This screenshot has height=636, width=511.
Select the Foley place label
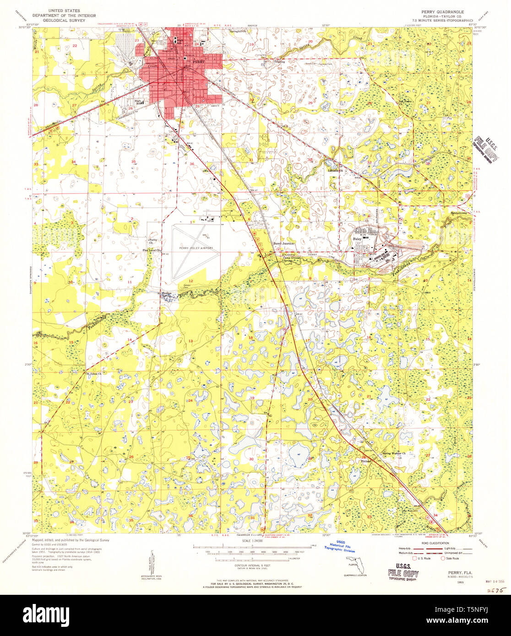357,239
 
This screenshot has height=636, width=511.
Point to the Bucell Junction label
284,243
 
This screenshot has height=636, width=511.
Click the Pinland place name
365,461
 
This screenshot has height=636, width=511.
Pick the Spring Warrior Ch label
397,454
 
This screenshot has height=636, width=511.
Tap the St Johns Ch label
93,374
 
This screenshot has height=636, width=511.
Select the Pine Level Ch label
152,250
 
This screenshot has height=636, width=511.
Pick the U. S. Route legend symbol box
415,558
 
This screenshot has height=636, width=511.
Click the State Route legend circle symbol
443,558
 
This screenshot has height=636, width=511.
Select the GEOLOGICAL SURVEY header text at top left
60,20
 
